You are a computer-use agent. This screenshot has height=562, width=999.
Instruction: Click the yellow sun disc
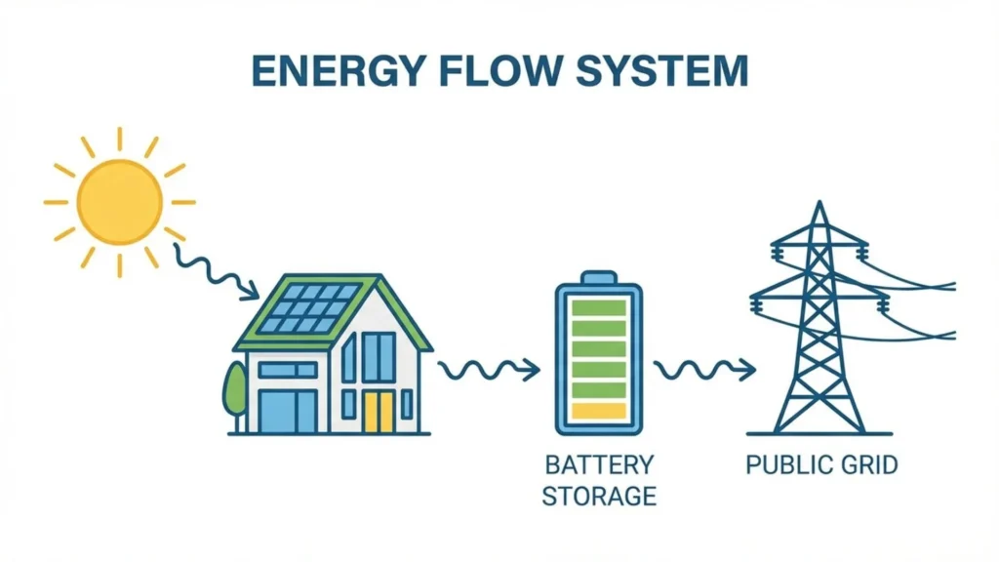pos(119,202)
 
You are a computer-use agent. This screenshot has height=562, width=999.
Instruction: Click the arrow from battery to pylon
pos(703,370)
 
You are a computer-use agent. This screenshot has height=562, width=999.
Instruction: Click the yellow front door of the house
pos(378,412)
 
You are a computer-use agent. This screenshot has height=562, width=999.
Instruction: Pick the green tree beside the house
pos(235,390)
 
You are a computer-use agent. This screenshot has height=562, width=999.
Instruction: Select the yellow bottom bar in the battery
pos(598,411)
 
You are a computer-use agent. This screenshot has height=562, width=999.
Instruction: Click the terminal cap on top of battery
pos(598,276)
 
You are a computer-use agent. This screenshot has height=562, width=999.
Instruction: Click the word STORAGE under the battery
pos(598,496)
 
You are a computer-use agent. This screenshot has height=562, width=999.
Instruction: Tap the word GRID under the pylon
pos(866,463)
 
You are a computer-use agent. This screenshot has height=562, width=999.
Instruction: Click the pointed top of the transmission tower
pos(819,206)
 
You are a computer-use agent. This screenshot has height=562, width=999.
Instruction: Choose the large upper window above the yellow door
pos(379,356)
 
